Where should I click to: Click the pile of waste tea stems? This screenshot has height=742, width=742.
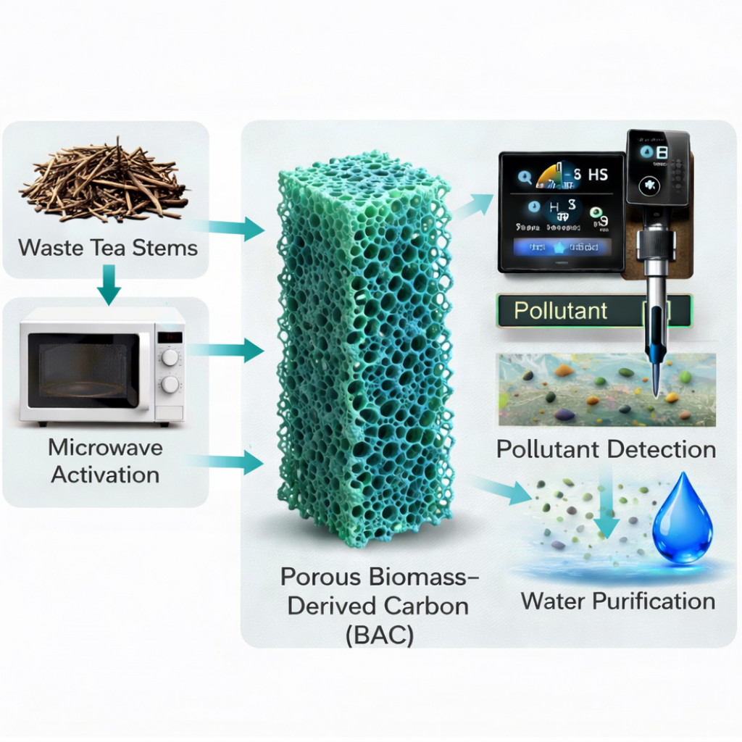[x=104, y=181]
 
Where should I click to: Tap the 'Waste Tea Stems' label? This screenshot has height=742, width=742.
[x=108, y=248]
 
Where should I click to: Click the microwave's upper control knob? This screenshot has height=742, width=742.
[x=170, y=357]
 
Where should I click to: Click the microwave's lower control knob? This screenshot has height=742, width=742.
[x=170, y=384]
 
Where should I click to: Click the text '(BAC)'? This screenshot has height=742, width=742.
[x=370, y=635]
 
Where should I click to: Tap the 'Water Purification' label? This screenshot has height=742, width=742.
[x=618, y=601]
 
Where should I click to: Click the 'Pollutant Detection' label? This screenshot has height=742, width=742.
[x=606, y=449]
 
